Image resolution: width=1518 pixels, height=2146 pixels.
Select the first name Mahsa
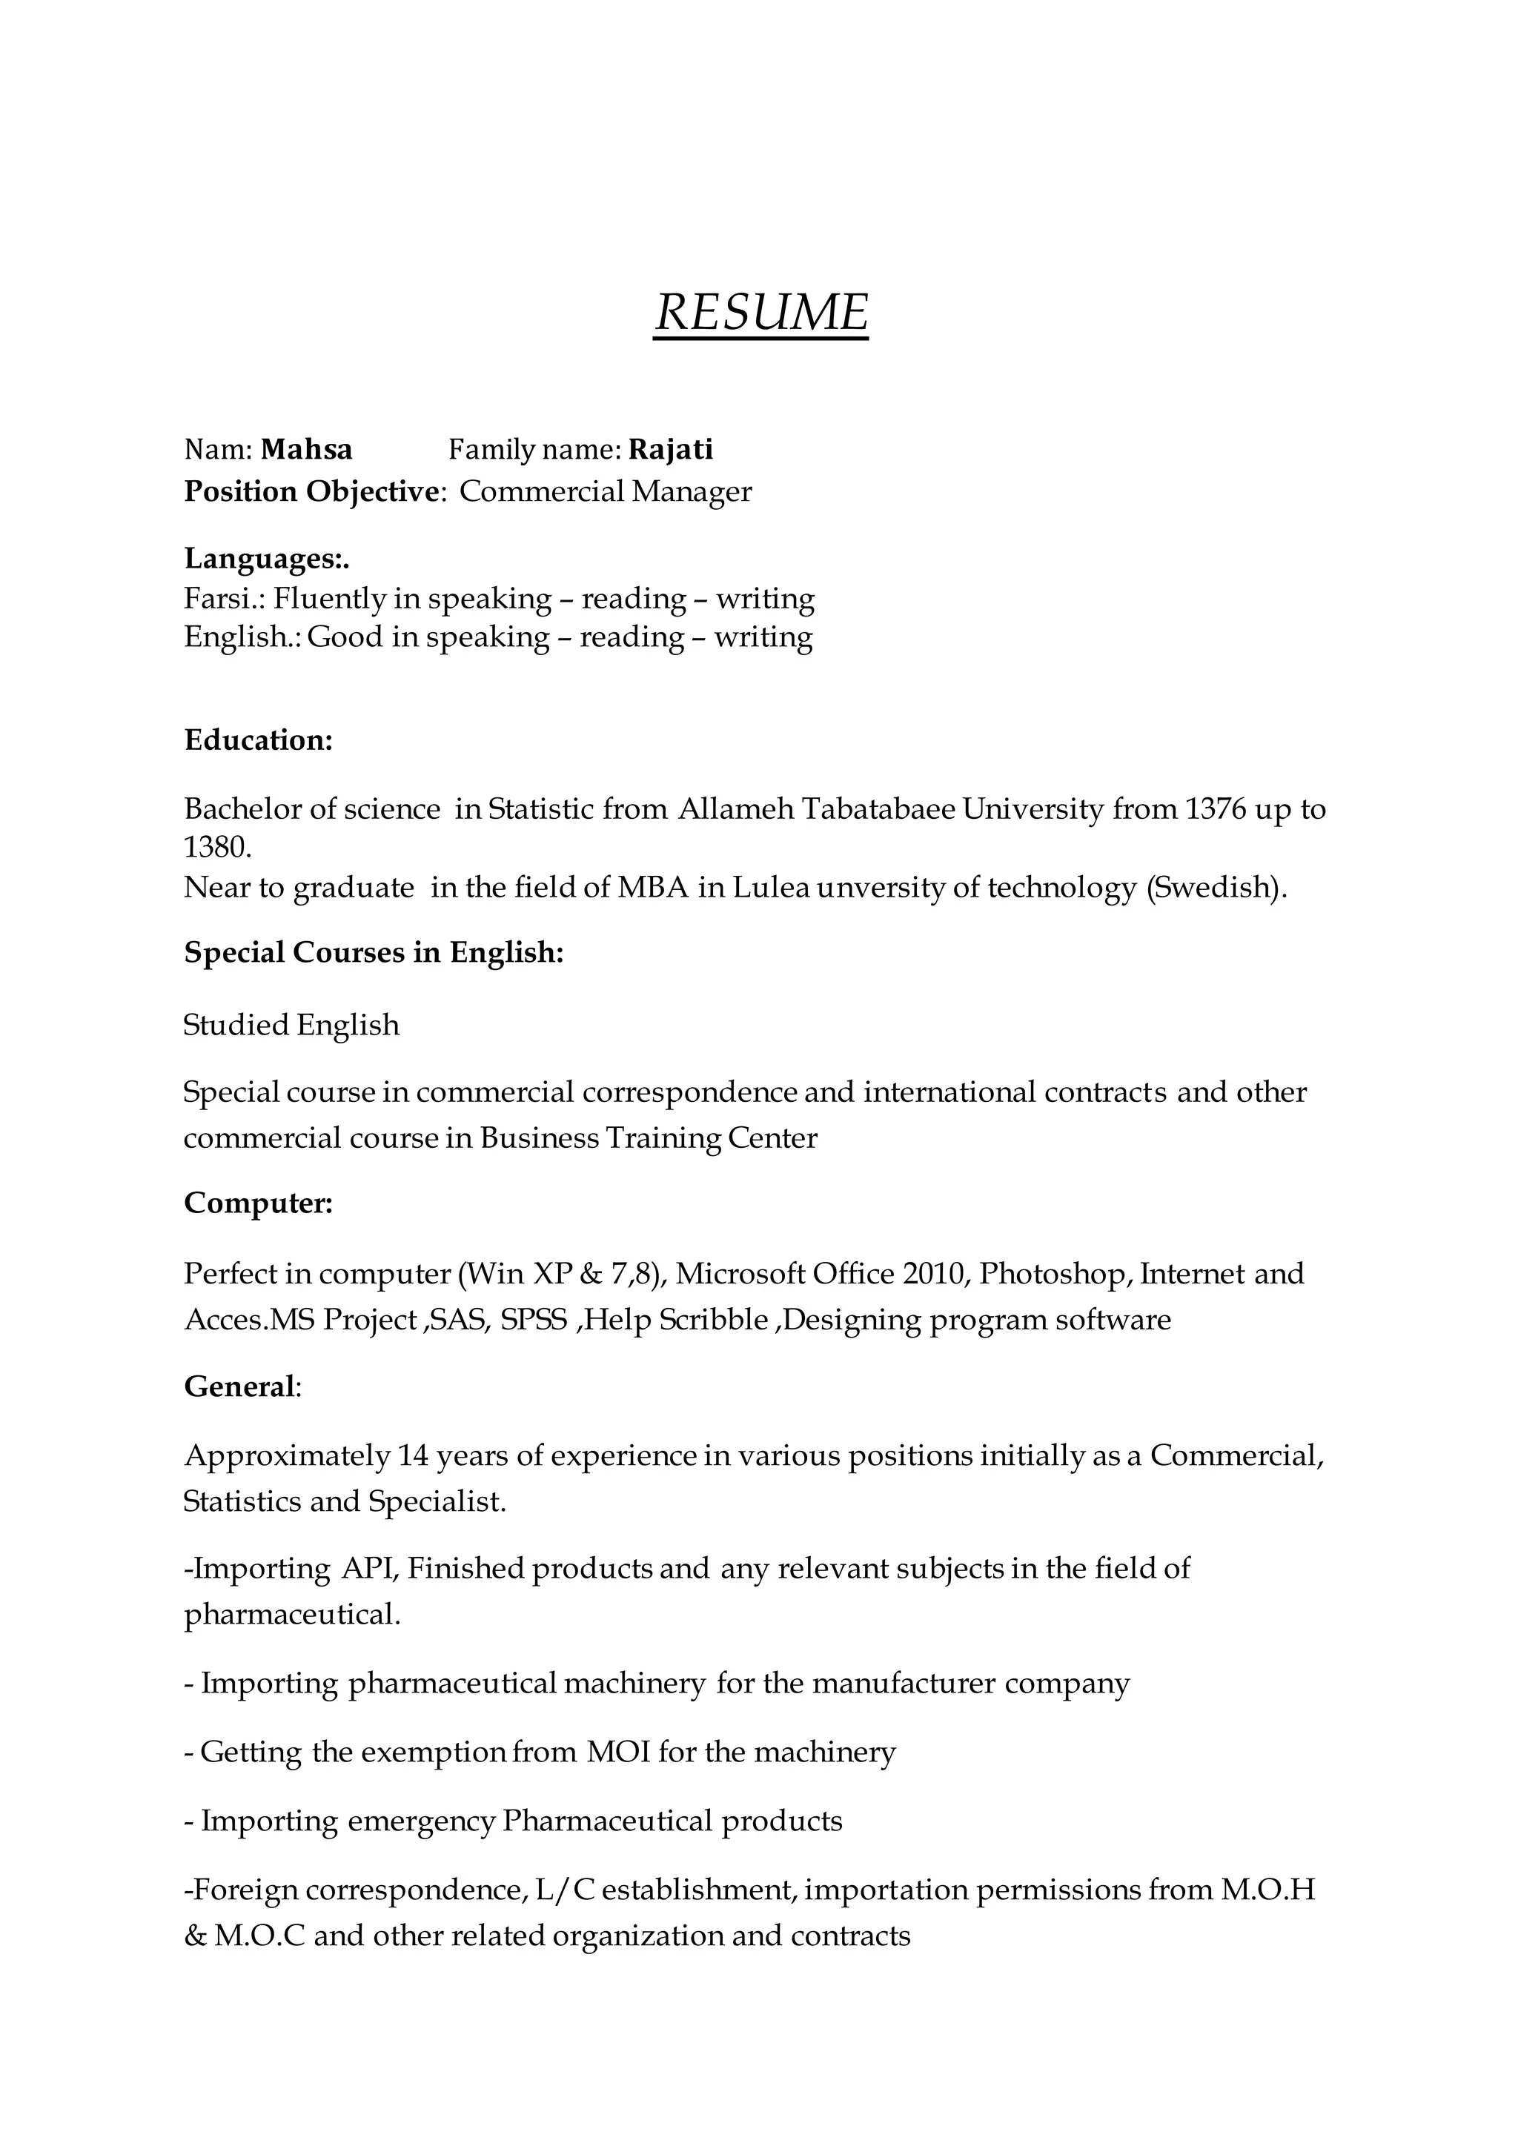pyautogui.click(x=307, y=450)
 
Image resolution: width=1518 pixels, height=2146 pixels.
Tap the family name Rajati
pyautogui.click(x=670, y=450)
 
